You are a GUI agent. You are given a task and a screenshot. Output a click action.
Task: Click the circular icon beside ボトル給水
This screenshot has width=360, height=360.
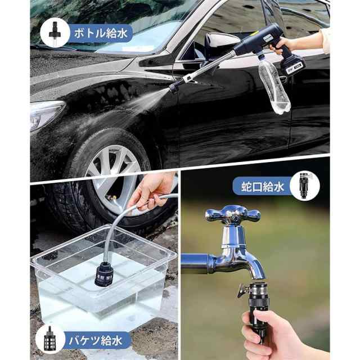[55, 33]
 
